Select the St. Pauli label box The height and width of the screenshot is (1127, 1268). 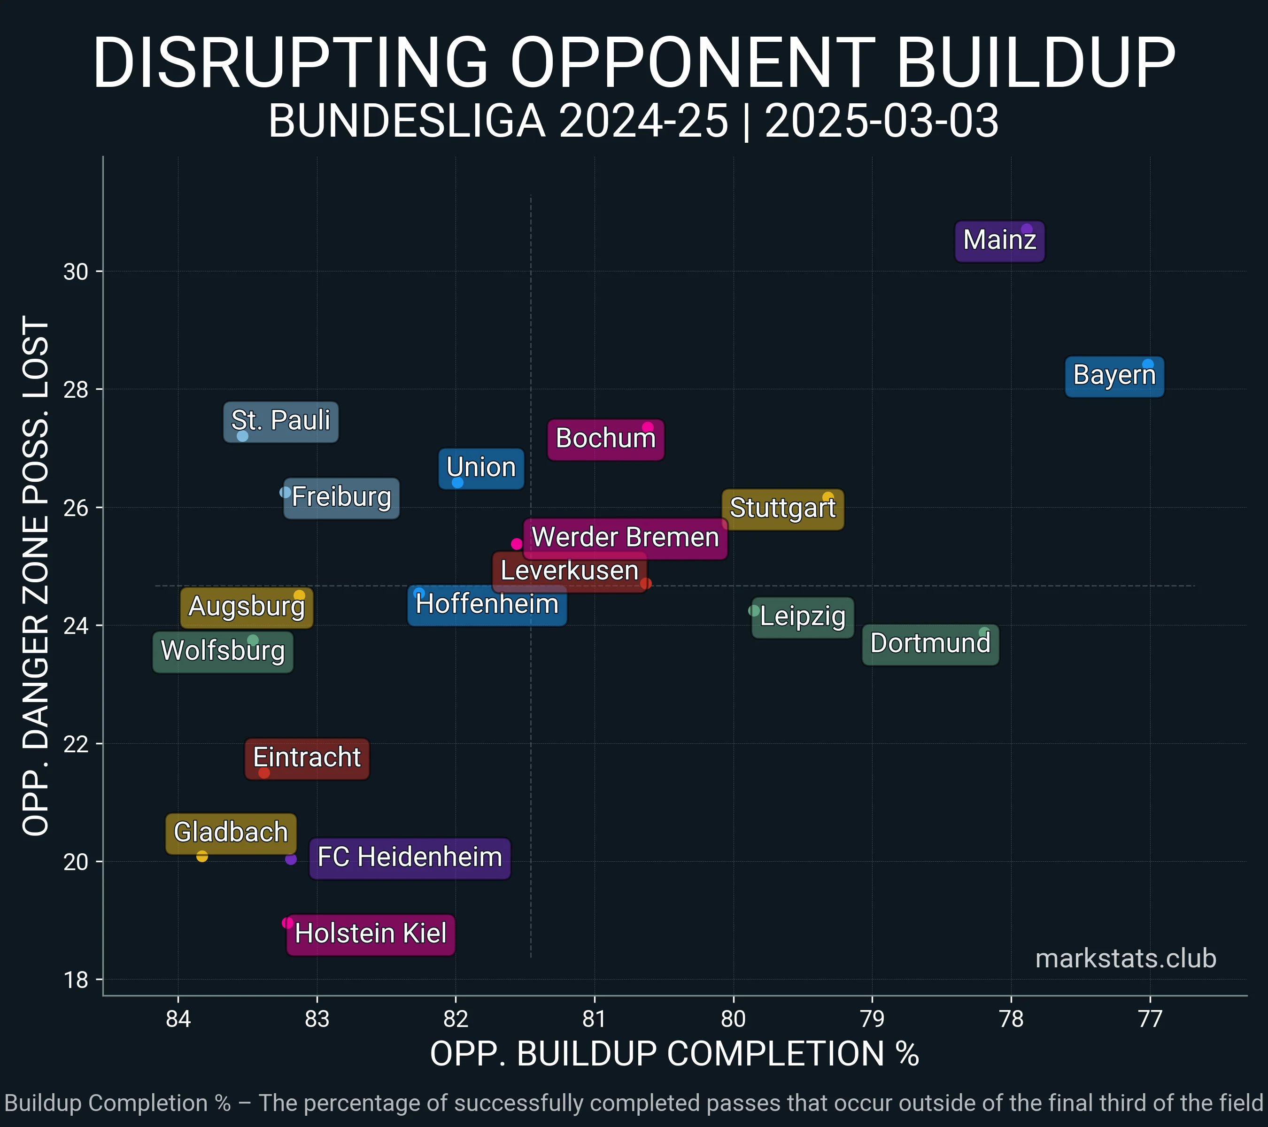tap(280, 421)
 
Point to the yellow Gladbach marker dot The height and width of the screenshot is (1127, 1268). tap(201, 857)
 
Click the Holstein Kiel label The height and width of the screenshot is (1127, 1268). tap(371, 934)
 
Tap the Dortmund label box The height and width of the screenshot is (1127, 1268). tap(930, 644)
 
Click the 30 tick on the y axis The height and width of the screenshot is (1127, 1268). tap(76, 272)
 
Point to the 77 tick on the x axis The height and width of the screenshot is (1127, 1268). tap(1150, 1019)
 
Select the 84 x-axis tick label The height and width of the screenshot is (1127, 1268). tap(178, 1019)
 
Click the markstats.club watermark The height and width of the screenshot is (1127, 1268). tap(1125, 959)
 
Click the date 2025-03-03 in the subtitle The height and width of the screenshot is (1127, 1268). tap(881, 121)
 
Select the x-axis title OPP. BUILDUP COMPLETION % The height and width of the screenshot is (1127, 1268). tap(674, 1054)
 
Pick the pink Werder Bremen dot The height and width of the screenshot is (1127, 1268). tap(517, 544)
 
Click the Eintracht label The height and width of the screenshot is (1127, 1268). tap(307, 758)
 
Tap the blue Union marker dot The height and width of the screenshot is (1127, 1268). tap(457, 483)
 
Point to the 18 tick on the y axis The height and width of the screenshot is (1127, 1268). tap(76, 980)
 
